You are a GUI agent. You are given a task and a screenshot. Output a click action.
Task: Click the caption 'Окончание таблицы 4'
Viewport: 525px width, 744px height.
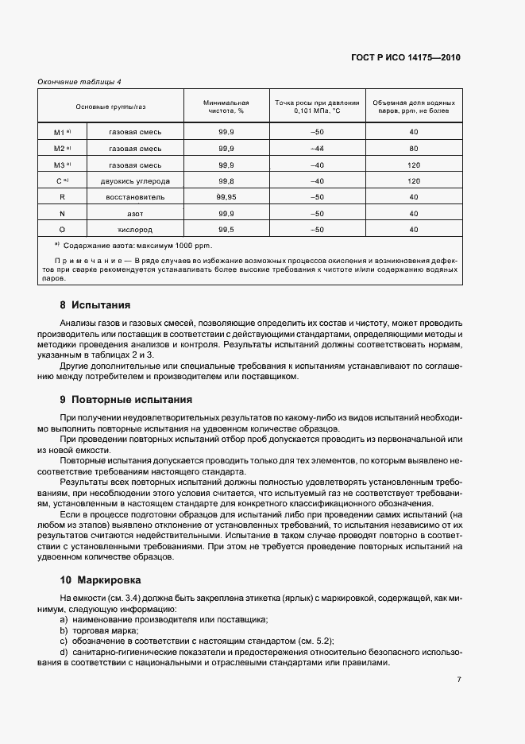(79, 81)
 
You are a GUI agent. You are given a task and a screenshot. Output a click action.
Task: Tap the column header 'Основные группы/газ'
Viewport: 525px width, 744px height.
(111, 107)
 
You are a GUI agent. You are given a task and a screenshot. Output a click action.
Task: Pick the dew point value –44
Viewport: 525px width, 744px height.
(318, 148)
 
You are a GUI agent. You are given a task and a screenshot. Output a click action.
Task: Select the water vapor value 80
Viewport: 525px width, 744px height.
(413, 148)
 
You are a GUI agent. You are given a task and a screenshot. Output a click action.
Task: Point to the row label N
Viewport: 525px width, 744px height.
(61, 213)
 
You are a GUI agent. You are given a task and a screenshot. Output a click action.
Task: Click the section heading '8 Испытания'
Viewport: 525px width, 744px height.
(95, 304)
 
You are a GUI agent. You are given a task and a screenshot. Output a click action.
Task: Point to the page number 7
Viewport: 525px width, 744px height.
(459, 680)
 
